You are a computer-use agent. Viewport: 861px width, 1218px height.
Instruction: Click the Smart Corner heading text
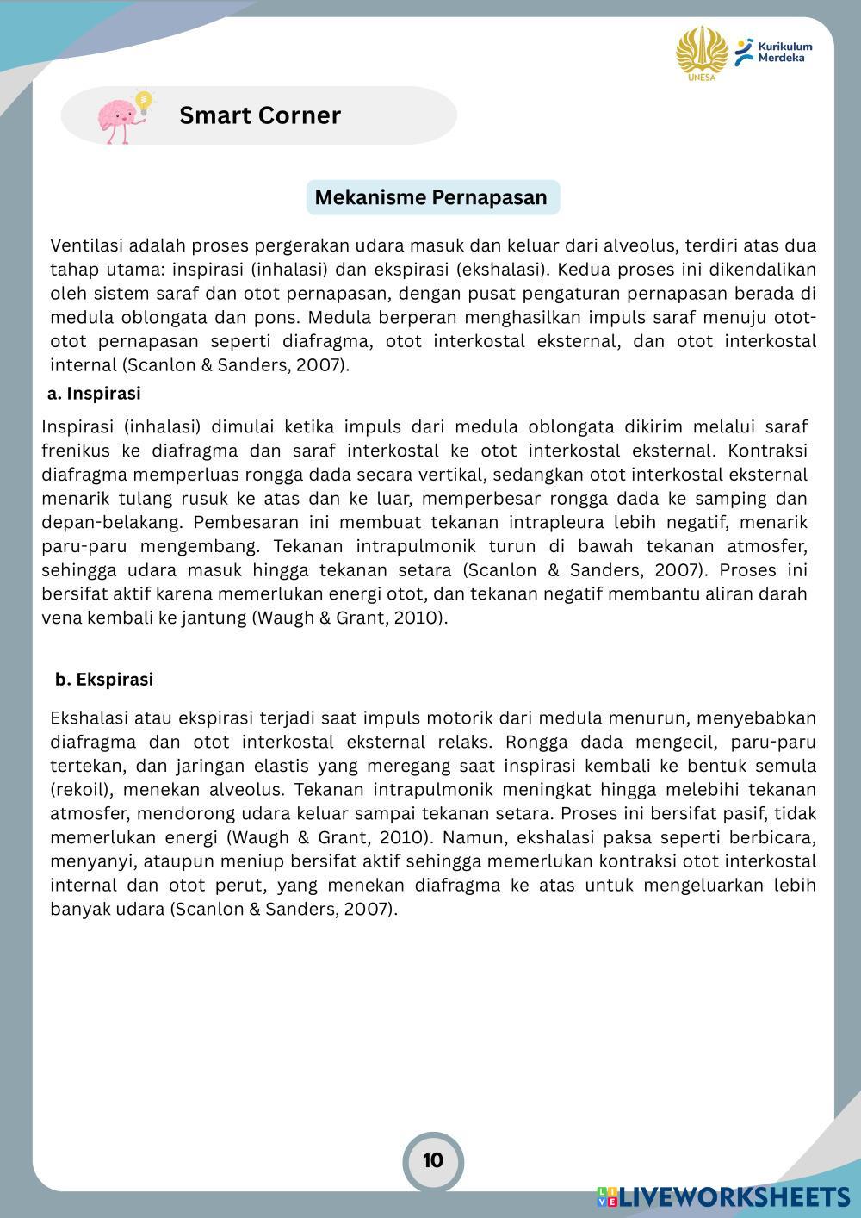259,115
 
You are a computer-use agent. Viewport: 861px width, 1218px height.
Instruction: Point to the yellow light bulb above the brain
145,101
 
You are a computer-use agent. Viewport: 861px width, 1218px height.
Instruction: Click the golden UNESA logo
701,53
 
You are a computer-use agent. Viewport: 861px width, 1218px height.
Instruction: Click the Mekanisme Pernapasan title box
431,197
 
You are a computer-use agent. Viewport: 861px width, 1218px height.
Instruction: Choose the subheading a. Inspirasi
94,394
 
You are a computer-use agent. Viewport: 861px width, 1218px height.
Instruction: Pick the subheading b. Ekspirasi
104,680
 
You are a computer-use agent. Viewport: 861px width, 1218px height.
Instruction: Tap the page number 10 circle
433,1160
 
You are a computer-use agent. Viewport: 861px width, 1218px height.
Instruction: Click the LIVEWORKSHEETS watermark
733,1196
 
